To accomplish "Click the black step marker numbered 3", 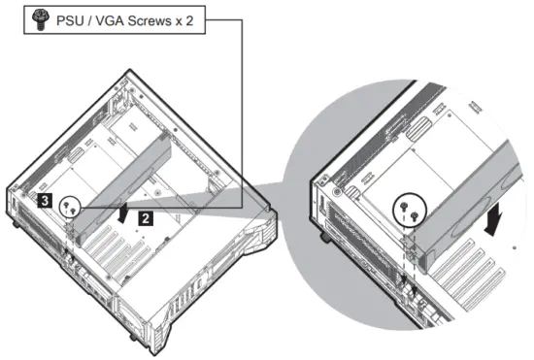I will point(45,201).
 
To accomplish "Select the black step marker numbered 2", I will point(144,218).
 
